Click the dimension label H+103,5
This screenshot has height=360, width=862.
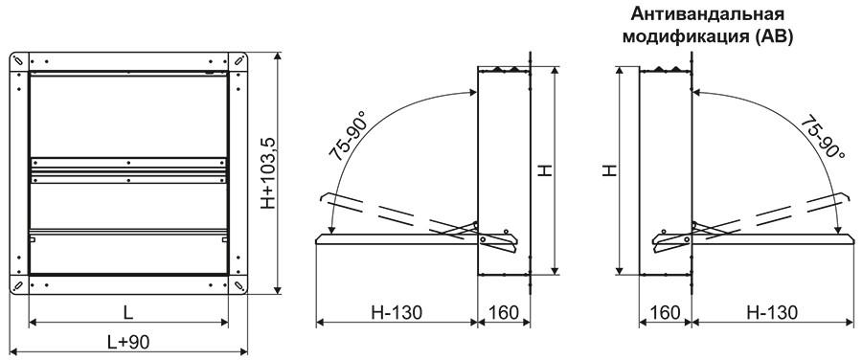(268, 173)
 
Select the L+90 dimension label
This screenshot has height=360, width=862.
(127, 342)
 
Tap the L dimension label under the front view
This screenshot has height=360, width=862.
(127, 313)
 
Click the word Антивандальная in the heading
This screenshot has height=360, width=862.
(707, 13)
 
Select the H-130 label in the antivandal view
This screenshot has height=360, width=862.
(771, 312)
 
